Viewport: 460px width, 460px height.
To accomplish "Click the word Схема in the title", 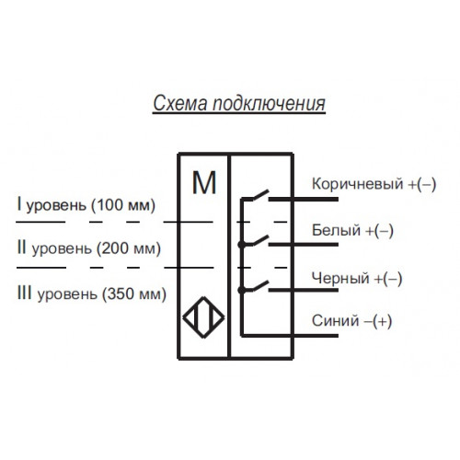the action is point(180,103).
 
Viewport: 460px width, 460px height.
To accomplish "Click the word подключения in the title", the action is point(269,104).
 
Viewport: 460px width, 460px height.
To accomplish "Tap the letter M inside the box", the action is point(204,183).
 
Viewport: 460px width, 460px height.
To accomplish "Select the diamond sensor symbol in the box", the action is point(203,317).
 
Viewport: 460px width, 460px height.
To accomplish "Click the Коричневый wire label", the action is point(357,184).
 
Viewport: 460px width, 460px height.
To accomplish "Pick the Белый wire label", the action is point(336,230).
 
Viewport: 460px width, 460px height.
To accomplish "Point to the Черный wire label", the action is point(340,279).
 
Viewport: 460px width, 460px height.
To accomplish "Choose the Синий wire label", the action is point(335,321).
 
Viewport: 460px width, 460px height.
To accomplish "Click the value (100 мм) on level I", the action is point(123,205).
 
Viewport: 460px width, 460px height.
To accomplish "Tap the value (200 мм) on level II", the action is point(129,248).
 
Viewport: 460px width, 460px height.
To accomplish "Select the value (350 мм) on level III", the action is point(134,293).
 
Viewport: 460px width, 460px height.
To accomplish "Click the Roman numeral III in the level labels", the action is point(24,293).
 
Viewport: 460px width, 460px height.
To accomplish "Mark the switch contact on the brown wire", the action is point(260,195).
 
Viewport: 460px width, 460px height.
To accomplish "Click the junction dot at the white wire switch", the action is point(242,245).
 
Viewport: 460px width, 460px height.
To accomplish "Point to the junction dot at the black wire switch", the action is point(242,290).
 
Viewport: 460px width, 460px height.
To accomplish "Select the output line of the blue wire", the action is point(290,336).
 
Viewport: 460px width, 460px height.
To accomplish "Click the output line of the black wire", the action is point(304,290).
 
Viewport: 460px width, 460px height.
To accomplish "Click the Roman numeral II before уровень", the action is point(21,247).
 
